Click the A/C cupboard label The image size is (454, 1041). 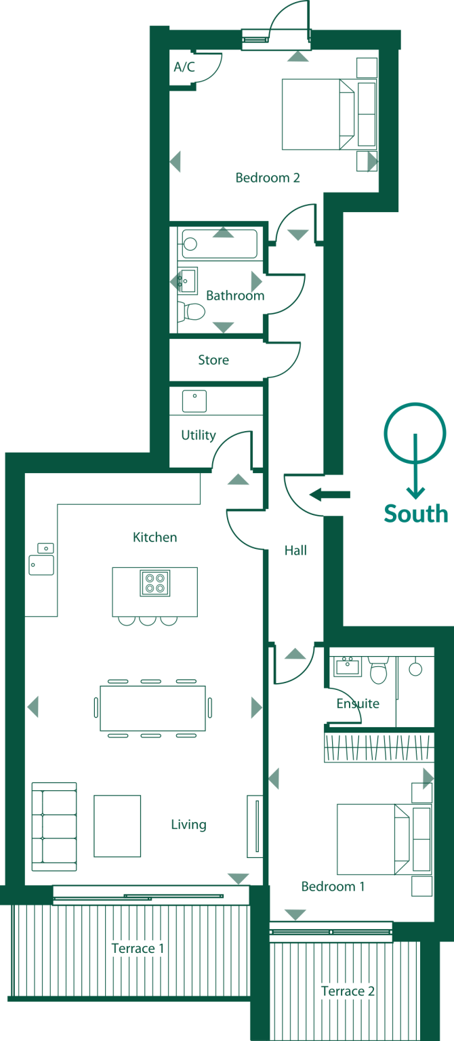[x=184, y=67]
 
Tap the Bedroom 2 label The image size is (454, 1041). [x=267, y=178]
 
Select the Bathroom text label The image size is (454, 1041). [x=234, y=296]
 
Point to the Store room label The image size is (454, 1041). [x=213, y=360]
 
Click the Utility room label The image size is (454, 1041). [x=198, y=435]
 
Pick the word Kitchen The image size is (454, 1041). [x=154, y=537]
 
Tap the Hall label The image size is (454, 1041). [x=295, y=550]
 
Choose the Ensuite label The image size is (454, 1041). [x=358, y=703]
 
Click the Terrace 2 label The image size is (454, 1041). [x=348, y=991]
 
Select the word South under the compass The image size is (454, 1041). [x=416, y=514]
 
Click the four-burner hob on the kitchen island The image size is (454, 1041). [x=155, y=583]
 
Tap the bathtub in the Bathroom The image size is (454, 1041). [x=219, y=244]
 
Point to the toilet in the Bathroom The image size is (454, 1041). [x=192, y=312]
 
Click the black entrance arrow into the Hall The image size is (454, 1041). [x=330, y=495]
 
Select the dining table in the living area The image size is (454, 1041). [x=152, y=708]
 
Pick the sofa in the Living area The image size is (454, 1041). [x=54, y=827]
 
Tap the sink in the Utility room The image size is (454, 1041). [x=194, y=401]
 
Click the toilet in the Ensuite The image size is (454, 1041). [x=378, y=671]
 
